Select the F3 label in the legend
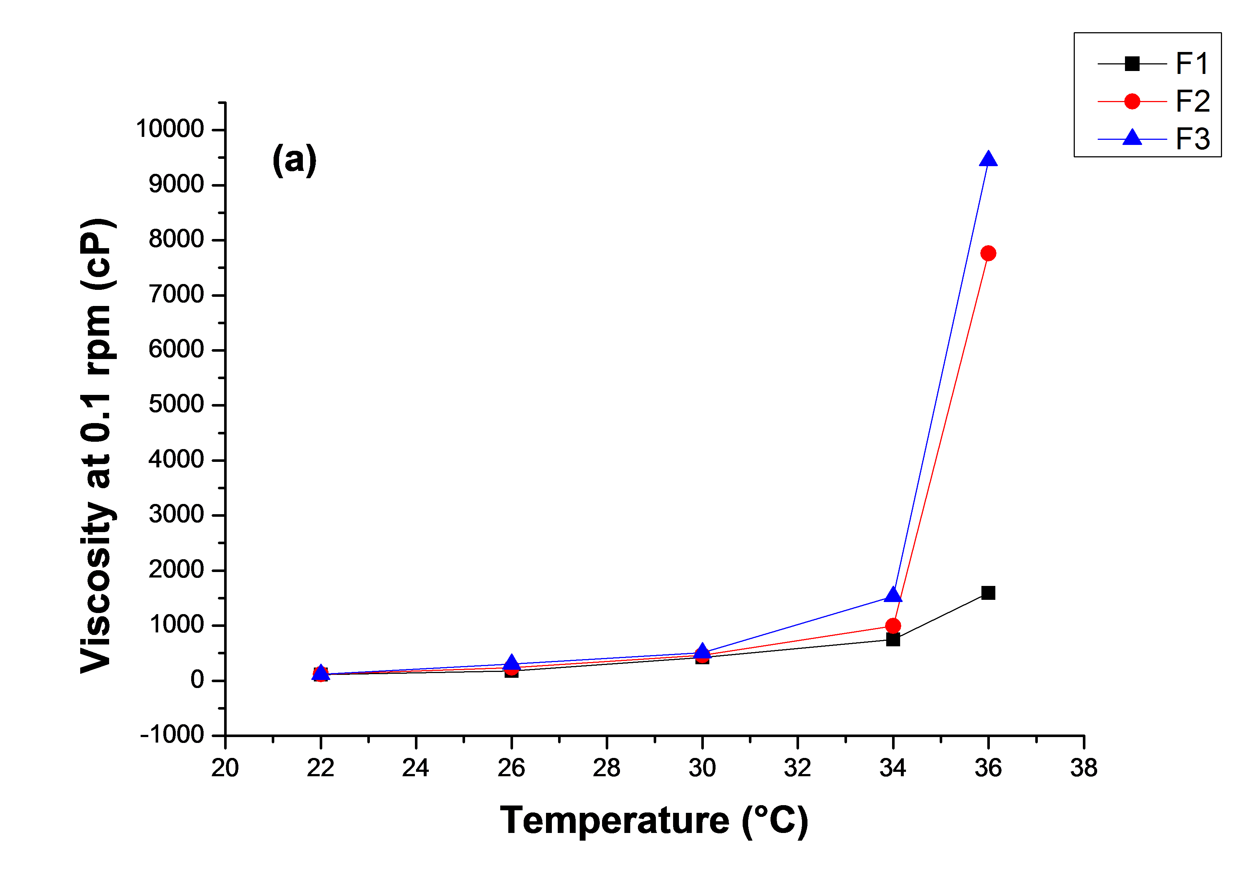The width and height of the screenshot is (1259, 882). [x=1193, y=139]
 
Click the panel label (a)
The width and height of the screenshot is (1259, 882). [x=294, y=160]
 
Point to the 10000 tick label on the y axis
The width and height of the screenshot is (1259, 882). [x=170, y=129]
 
